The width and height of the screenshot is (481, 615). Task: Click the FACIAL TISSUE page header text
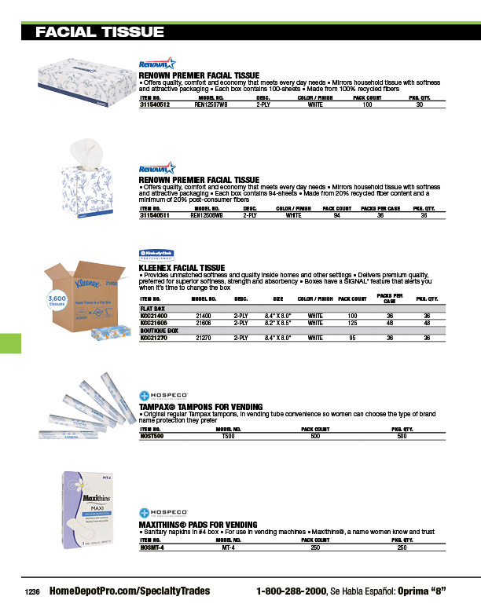[x=100, y=32]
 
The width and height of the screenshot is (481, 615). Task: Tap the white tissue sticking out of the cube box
[x=85, y=150]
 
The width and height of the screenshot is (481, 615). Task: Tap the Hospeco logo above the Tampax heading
[x=162, y=395]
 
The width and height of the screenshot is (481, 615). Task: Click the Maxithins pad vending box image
[x=83, y=513]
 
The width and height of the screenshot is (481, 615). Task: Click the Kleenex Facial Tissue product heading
[x=182, y=267]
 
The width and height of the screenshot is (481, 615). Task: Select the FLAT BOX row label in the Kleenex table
[x=152, y=309]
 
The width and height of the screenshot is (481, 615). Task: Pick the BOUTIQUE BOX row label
[x=160, y=331]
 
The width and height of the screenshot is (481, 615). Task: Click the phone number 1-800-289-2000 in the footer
[x=291, y=591]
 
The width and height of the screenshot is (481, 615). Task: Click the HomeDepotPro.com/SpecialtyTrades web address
[x=130, y=591]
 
